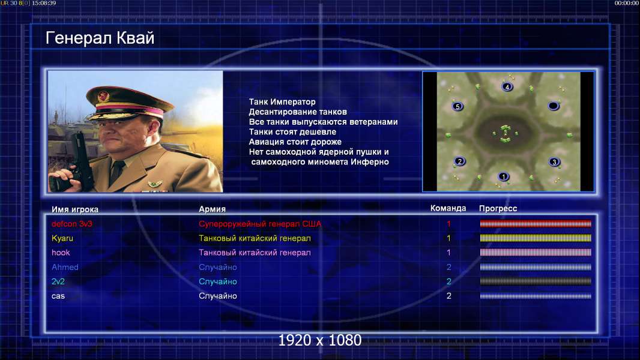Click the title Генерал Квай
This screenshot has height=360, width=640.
coord(100,38)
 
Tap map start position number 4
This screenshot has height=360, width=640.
coord(507,87)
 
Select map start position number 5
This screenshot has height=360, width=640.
coord(457,107)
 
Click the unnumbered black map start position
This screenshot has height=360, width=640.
coord(553,106)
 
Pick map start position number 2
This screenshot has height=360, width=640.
coord(460,161)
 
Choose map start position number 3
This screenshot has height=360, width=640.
coord(554,162)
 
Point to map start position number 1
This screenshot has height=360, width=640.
coord(503,176)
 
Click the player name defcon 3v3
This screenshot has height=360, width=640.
coord(72,224)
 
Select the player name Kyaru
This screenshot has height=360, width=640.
coord(62,239)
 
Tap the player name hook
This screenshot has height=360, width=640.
coord(61,253)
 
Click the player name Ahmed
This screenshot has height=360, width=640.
coord(65,267)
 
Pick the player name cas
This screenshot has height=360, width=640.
coord(58,296)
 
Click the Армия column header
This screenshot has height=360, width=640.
coord(213,209)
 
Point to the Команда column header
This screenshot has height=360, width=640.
coord(448,208)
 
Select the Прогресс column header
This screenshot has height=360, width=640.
coord(498,209)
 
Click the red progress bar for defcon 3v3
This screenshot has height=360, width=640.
coord(536,223)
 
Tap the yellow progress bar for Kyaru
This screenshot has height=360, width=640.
coord(536,238)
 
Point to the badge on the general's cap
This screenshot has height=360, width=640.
coord(103,96)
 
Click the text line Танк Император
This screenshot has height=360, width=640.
coord(282,102)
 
